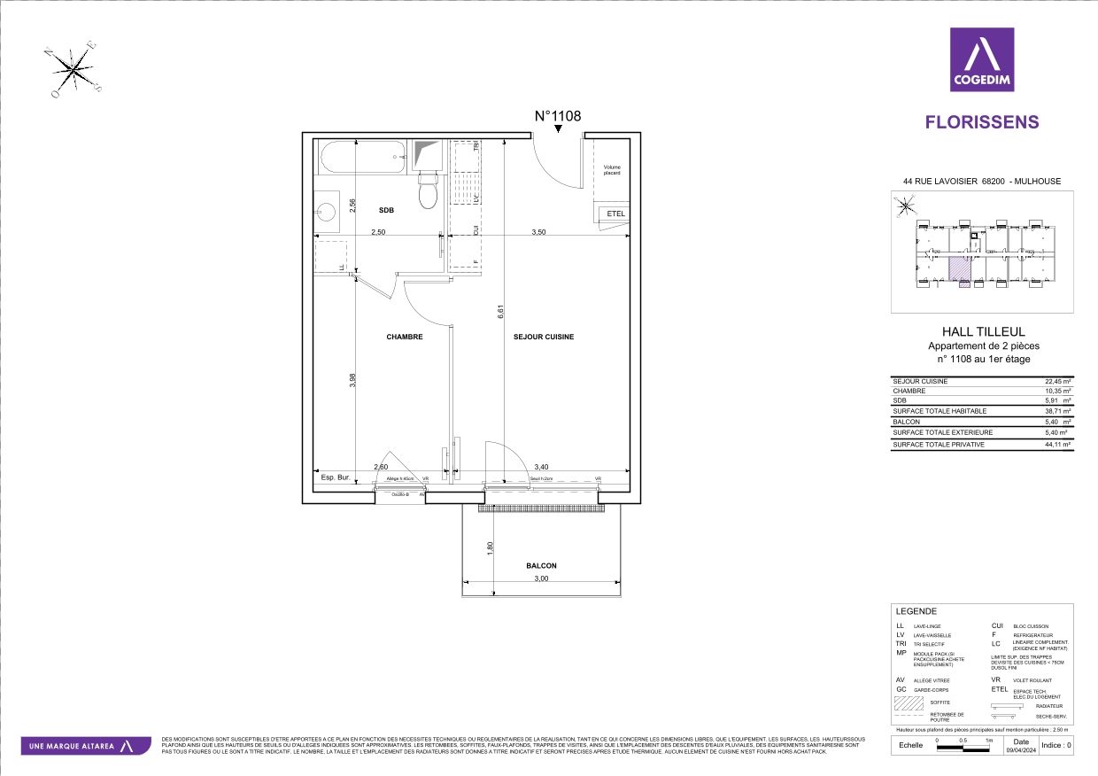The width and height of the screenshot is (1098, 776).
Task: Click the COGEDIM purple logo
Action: (x=981, y=59)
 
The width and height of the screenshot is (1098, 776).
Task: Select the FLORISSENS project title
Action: (x=982, y=122)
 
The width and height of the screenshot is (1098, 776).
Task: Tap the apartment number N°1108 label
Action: (x=557, y=116)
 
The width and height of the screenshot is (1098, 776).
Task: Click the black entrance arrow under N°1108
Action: (x=558, y=130)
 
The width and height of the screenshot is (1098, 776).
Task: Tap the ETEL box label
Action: (x=615, y=213)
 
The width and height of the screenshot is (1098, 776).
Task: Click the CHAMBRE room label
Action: (x=404, y=337)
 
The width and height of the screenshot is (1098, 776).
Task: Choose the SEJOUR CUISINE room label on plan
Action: (x=543, y=337)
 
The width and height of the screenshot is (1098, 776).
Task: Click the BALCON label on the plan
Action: (x=541, y=565)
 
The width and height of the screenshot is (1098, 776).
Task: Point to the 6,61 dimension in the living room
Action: (x=500, y=312)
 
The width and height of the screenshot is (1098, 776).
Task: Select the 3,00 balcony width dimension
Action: (x=541, y=578)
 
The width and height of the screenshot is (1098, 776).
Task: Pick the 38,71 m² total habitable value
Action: (x=1058, y=412)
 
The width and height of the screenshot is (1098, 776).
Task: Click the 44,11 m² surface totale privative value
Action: (x=1058, y=444)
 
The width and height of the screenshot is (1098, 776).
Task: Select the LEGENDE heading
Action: (x=916, y=611)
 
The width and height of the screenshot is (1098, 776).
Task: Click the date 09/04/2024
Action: (x=1020, y=749)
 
